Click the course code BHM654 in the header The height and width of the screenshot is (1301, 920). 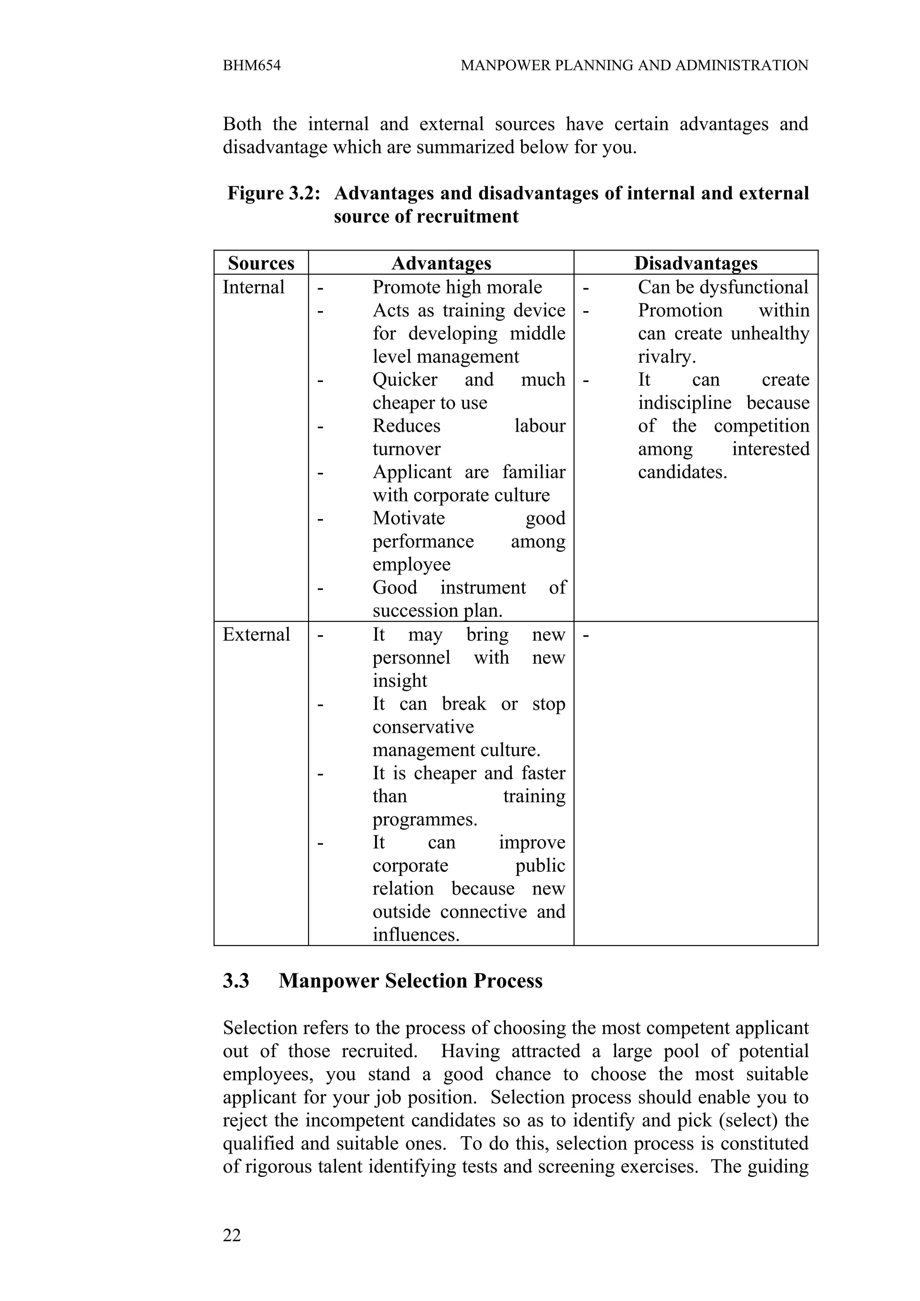[252, 66]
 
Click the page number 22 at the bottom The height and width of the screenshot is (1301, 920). [232, 1235]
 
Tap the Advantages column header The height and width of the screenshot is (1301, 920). [441, 264]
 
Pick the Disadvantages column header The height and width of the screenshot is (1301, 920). [695, 264]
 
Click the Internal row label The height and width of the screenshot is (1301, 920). [253, 287]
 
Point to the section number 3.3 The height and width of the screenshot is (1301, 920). [236, 981]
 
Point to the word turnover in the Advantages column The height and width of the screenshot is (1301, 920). [407, 449]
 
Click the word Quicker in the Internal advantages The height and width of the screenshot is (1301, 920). [405, 380]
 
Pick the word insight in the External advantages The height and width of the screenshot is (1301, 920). [400, 681]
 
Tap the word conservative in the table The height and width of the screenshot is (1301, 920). [423, 727]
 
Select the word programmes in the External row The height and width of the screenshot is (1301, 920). [424, 820]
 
